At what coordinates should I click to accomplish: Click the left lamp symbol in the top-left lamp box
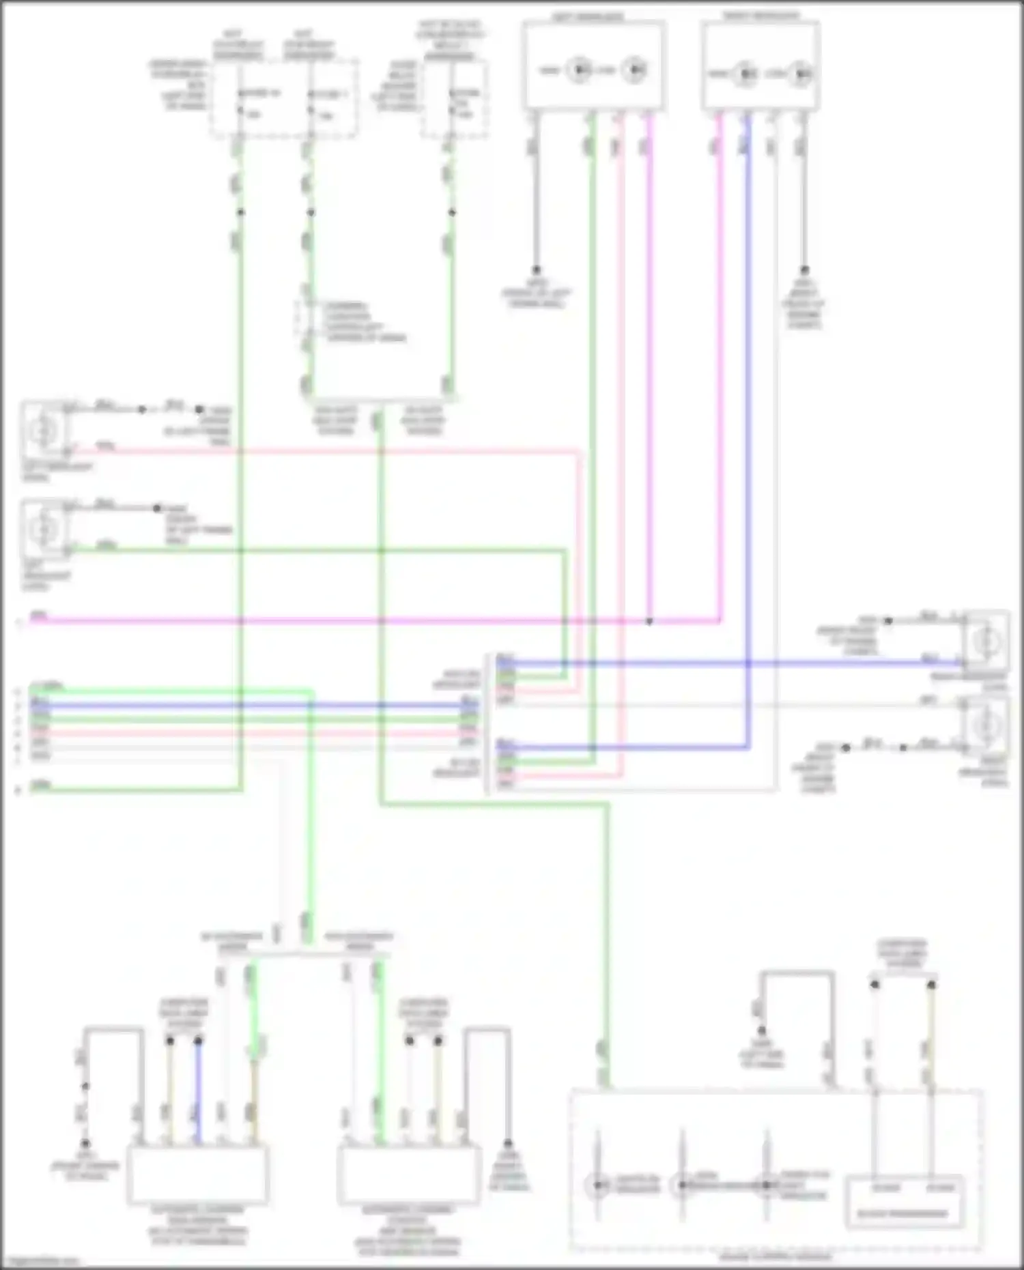[x=580, y=70]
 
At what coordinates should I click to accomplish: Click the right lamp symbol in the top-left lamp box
[x=635, y=70]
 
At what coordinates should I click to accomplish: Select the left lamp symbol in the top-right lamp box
[x=745, y=73]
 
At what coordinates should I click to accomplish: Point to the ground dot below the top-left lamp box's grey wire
[x=536, y=270]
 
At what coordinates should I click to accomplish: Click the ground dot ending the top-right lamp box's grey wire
[x=804, y=270]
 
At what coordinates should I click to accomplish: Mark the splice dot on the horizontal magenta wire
[x=649, y=621]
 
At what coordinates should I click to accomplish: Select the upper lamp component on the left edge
[x=44, y=430]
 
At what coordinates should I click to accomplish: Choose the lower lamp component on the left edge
[x=44, y=528]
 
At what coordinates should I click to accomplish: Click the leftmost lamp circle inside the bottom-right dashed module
[x=598, y=1185]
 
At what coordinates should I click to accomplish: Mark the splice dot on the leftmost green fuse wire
[x=240, y=212]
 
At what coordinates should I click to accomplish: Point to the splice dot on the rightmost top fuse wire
[x=452, y=212]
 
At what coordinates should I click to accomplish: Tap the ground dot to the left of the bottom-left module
[x=85, y=1143]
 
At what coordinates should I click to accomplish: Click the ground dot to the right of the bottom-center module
[x=508, y=1143]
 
